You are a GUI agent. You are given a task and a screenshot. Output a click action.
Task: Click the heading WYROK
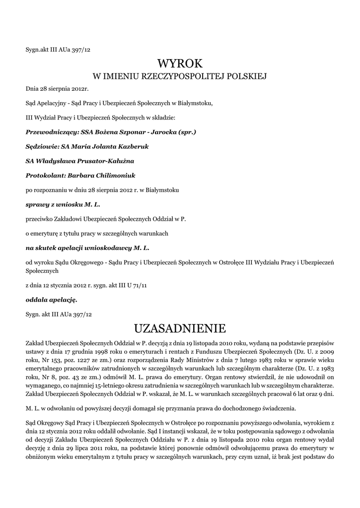pyautogui.click(x=180, y=63)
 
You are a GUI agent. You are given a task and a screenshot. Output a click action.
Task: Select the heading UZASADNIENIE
pyautogui.click(x=180, y=328)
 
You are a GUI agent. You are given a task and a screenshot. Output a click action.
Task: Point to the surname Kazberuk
pyautogui.click(x=130, y=147)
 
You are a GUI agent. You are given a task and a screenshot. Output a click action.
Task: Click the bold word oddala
pyautogui.click(x=37, y=300)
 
